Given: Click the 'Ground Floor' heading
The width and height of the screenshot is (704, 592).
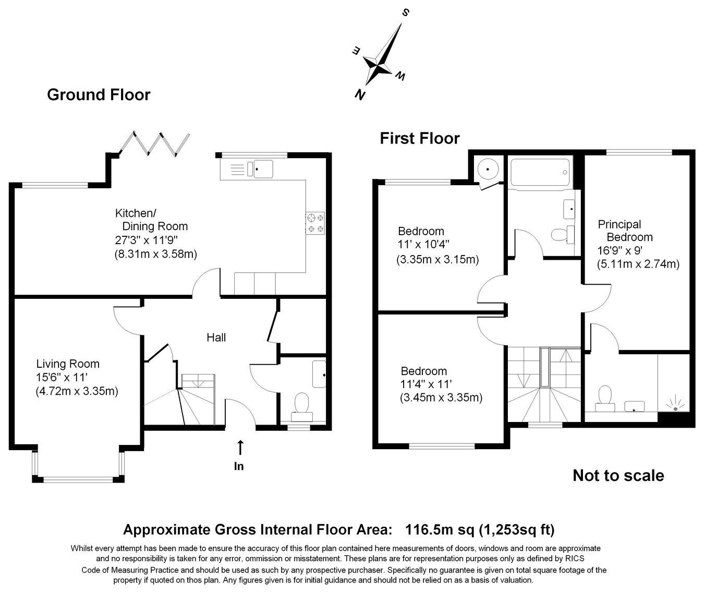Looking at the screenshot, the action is tap(99, 95).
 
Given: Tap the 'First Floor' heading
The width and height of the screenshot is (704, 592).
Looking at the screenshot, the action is tap(419, 138).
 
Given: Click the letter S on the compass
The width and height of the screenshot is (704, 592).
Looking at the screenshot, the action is tap(406, 13).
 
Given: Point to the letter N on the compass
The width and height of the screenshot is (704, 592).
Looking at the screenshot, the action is tap(360, 95).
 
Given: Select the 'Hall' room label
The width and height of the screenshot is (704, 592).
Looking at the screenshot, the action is tap(216, 337).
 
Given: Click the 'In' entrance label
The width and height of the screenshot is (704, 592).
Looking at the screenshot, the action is tap(239, 466).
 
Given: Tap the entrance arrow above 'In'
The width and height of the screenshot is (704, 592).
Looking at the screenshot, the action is tap(240, 448).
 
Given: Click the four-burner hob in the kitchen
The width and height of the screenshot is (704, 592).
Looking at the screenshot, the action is tap(315, 223).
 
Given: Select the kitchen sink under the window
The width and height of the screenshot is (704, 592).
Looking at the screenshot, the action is tap(260, 169).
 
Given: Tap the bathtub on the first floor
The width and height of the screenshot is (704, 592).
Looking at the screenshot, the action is tap(540, 172).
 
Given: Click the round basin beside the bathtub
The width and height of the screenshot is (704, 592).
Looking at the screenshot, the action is tap(488, 169).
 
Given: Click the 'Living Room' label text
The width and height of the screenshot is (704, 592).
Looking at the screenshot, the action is tap(68, 364).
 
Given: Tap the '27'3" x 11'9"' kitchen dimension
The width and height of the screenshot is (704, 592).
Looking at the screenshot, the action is tap(147, 240).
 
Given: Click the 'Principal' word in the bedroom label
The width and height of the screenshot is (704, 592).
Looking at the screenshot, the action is tap(620, 224).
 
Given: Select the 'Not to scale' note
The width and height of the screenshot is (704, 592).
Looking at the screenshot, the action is tap(618, 476).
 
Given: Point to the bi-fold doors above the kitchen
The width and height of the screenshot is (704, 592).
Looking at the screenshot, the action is tap(154, 144).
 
